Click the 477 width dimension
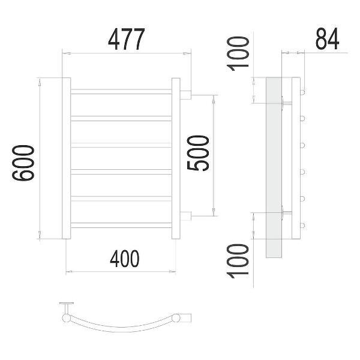(x=127, y=39)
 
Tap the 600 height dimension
(x=23, y=163)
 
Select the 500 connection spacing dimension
(x=198, y=153)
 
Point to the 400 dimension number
(x=125, y=259)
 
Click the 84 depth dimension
(x=327, y=39)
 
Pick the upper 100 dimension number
(x=238, y=54)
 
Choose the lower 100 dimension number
(x=238, y=261)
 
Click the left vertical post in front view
(x=67, y=158)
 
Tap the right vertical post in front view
(x=176, y=158)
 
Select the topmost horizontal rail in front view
(x=121, y=92)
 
